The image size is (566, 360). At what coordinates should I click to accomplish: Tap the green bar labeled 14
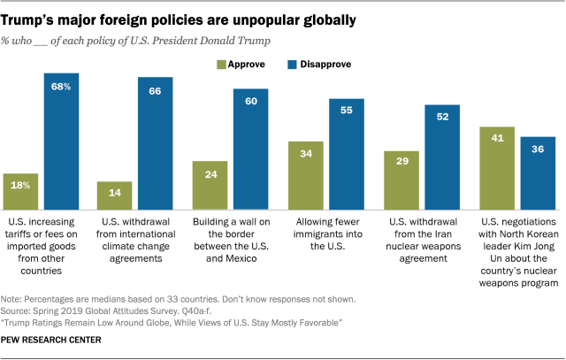[x=116, y=194]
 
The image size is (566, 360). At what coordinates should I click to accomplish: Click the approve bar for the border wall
[x=211, y=183]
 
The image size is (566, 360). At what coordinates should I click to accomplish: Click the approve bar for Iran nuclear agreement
[x=402, y=178]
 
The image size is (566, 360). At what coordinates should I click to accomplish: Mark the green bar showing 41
[x=497, y=166]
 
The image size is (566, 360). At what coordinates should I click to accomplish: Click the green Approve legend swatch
[x=223, y=65]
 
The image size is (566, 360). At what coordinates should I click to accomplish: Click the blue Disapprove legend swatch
[x=293, y=65]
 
